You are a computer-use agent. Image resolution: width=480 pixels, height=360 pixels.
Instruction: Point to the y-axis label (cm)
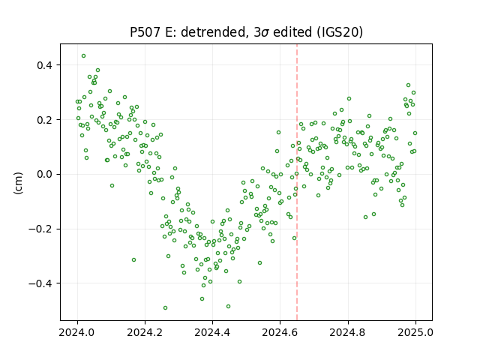tap(18, 183)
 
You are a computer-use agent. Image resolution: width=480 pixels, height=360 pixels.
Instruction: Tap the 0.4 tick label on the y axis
tap(44, 65)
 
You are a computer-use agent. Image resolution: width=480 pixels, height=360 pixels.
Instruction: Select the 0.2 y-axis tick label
tap(44, 120)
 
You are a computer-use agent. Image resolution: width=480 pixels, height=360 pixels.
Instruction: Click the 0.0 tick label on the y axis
tap(44, 175)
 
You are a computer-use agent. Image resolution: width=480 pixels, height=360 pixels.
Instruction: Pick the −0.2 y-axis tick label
tap(40, 229)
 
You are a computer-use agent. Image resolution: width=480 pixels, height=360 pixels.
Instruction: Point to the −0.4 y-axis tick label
tap(40, 283)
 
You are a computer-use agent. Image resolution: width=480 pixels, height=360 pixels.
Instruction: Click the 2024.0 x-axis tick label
tap(77, 332)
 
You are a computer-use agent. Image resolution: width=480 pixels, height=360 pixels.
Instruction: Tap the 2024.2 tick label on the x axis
tap(145, 332)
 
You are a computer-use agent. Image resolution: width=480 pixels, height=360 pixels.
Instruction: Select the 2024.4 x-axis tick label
tap(212, 332)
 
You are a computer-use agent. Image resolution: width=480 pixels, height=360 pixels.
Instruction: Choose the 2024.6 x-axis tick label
tap(280, 332)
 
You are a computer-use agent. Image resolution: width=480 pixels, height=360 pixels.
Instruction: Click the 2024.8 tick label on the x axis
tap(348, 332)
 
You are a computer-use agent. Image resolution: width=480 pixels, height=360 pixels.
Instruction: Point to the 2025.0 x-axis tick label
tap(415, 332)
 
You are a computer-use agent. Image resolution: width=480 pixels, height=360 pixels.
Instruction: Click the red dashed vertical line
tap(297, 182)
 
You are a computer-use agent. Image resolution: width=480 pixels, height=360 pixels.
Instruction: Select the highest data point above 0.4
tap(83, 56)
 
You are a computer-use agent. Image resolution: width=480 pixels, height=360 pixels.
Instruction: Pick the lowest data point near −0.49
tap(165, 308)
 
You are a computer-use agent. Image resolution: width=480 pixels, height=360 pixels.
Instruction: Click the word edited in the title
tap(294, 32)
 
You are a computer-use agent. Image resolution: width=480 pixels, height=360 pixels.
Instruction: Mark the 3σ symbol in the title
tap(262, 32)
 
